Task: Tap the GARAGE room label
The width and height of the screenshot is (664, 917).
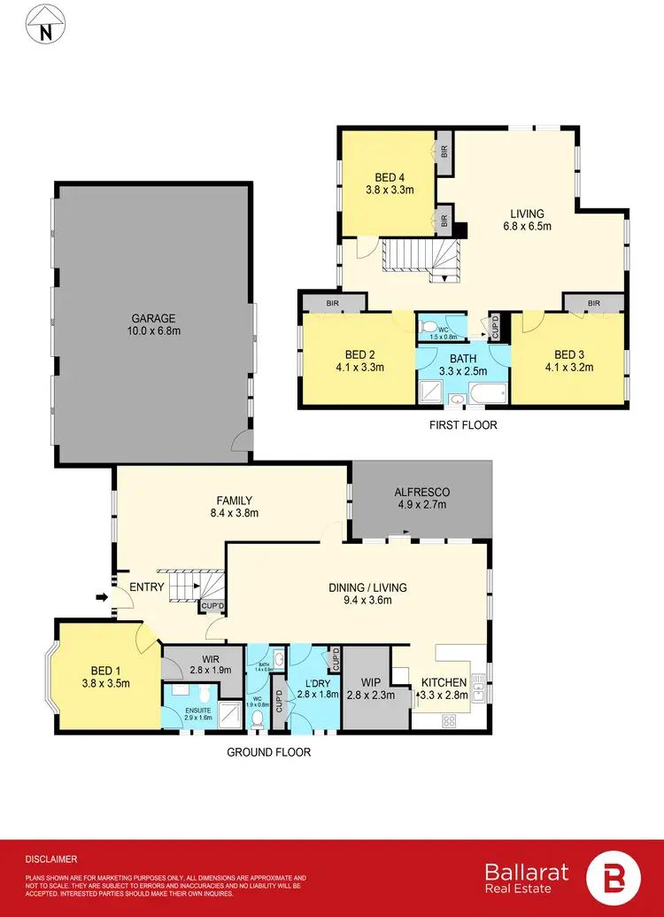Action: (154, 319)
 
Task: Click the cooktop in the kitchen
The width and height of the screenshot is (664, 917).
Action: (449, 720)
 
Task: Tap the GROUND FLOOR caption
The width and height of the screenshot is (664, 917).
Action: (267, 752)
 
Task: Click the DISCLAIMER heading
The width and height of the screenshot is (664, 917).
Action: (50, 859)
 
